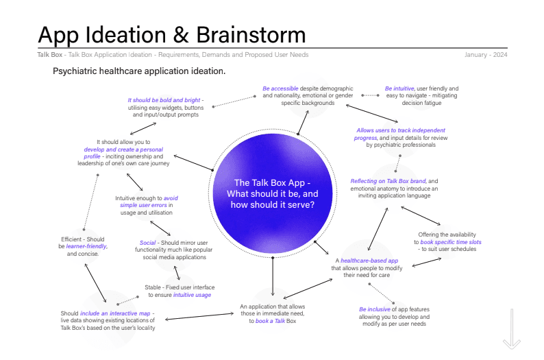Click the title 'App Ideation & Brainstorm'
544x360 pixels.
171,34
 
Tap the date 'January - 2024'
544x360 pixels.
486,55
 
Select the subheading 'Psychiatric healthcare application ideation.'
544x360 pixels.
139,71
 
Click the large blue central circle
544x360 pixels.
273,193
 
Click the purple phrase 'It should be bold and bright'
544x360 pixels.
164,100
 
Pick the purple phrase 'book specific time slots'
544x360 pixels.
452,243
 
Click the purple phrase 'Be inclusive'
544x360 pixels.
375,309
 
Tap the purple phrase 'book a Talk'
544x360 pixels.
270,321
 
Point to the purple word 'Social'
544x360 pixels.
147,243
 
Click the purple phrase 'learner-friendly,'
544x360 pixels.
87,246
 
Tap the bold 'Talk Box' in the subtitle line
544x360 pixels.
48,55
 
